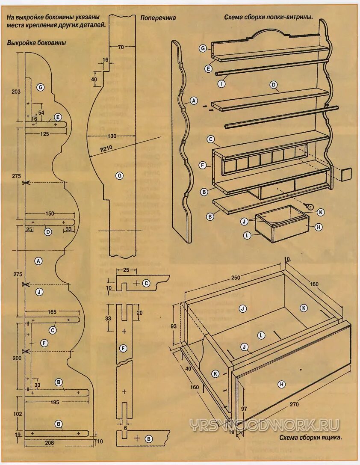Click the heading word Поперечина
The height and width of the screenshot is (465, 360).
[x=158, y=18]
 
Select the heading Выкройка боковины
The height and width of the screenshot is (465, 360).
[x=36, y=43]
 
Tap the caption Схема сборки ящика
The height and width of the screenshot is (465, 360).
[x=310, y=438]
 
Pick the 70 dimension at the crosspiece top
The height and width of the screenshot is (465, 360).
[x=121, y=47]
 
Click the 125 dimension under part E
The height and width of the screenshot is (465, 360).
[x=44, y=134]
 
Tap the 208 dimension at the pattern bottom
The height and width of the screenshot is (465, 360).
[x=50, y=443]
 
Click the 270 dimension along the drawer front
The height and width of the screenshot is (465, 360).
[x=294, y=404]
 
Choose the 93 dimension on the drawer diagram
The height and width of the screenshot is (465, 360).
[x=174, y=326]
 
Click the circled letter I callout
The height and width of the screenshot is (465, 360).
[x=221, y=84]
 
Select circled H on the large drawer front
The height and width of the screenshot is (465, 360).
[x=281, y=385]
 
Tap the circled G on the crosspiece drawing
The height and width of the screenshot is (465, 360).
[x=120, y=175]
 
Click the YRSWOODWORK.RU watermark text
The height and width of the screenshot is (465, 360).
[x=265, y=425]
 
